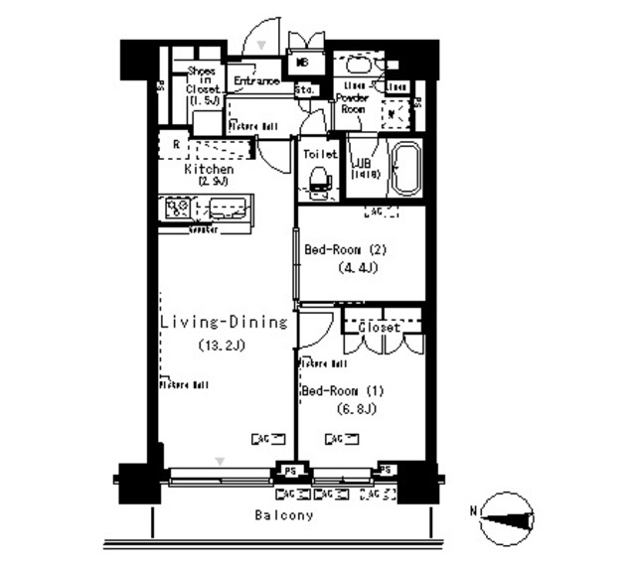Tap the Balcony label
coord(283,515)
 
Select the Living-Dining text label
coord(224,323)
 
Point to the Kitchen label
coord(209,170)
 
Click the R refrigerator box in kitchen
coord(176,145)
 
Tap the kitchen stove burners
coord(178,210)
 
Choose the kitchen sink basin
coord(230,210)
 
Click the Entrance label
coord(256,81)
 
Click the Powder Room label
coord(352,104)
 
